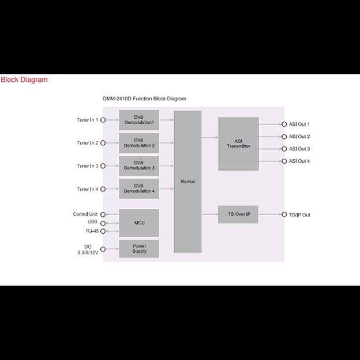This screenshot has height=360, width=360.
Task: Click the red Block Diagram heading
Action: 24,80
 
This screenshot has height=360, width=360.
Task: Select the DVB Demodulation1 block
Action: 138,120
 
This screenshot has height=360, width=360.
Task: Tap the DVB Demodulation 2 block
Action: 138,143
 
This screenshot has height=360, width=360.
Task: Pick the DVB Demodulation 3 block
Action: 138,166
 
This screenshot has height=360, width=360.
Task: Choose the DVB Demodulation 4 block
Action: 138,189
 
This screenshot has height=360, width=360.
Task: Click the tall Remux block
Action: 187,181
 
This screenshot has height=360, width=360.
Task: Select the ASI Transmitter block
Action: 238,144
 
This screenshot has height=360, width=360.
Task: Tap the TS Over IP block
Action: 238,215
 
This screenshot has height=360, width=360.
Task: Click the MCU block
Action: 138,223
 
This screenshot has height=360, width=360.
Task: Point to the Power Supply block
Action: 138,249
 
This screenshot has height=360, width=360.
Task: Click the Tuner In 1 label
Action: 87,120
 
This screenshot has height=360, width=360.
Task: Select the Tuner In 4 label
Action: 87,189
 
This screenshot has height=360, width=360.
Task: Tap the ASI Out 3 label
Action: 299,149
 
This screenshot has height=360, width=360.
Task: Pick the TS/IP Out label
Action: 299,215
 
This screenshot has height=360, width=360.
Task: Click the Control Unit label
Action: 85,214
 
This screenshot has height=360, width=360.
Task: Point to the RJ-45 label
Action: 91,231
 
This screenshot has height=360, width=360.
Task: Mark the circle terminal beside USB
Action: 103,223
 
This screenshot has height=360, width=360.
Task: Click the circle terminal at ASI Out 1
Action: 284,125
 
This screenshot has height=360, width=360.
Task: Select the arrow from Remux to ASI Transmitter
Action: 209,137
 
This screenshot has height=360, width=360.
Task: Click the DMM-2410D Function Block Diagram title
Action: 144,99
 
